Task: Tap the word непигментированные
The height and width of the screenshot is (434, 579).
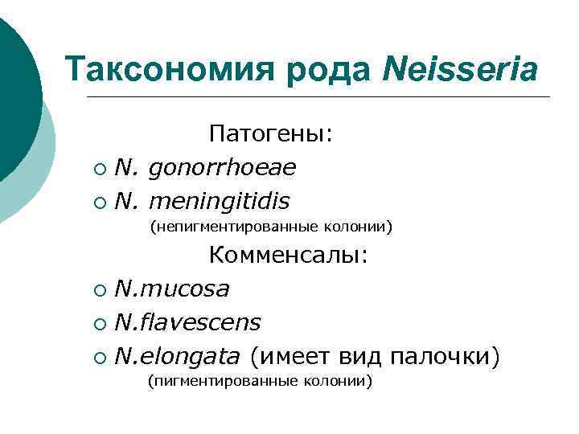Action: point(227,228)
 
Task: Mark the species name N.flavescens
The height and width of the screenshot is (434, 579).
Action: point(188,322)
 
